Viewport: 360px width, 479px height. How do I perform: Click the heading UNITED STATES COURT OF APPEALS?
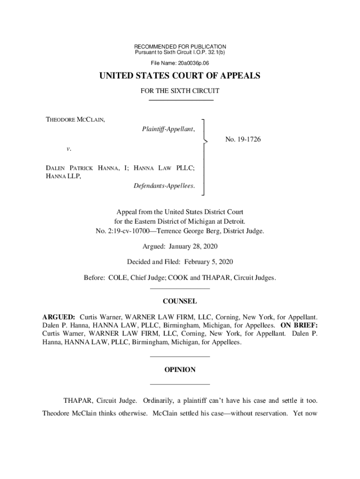coord(180,76)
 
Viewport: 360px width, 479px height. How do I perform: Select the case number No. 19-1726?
coord(243,139)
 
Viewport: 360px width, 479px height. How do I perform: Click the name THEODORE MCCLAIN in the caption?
coord(75,120)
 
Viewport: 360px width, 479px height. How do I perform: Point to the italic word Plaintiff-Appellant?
coord(168,129)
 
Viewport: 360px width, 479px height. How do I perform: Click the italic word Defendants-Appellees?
coord(163,186)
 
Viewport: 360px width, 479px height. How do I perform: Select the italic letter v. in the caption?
coord(68,149)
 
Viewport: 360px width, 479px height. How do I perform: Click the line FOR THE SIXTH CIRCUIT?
coord(180,91)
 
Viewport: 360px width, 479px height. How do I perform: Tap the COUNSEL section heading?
coord(180,301)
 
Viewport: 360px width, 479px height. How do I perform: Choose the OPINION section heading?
coord(180,370)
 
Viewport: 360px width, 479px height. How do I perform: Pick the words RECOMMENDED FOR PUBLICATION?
coord(180,47)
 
